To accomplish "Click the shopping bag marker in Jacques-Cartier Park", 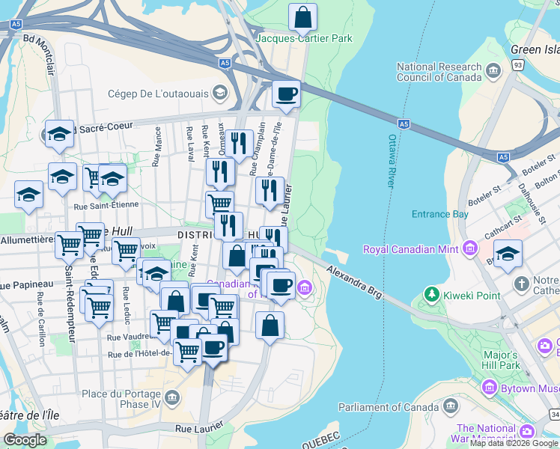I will pos(302,16).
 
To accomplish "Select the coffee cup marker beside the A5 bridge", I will pos(286,94).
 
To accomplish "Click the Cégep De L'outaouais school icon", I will pos(220,93).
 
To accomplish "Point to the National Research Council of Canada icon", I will pos(493,71).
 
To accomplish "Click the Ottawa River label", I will pos(392,161).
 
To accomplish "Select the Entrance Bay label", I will pos(439,214).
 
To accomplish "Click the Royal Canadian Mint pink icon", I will pos(469,248).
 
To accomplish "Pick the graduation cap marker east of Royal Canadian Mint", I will pos(508,253).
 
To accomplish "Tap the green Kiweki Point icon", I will pos(431,295).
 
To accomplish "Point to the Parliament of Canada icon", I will pos(450,406).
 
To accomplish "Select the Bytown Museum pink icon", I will pos(490,388).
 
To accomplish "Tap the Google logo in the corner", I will pos(25,440).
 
